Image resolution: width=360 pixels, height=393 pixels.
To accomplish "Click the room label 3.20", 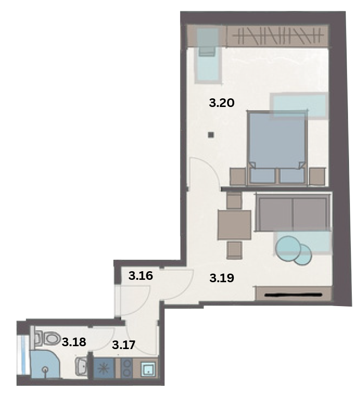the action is coord(222,103).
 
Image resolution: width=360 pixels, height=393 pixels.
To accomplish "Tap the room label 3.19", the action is coord(222,278).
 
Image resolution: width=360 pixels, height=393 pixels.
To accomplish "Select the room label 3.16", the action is coord(141,276).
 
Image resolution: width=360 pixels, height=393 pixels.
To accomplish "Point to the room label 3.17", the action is coord(124,345).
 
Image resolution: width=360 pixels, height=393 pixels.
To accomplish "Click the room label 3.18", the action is coord(74,342).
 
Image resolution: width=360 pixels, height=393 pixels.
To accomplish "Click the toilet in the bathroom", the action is coord(48,339).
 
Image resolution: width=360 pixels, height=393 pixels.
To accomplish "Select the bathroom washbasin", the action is coord(81,366).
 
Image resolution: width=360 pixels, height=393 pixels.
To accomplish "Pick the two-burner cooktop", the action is coord(127,368).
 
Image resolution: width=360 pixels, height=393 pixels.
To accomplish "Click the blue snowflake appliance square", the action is coord(103,369).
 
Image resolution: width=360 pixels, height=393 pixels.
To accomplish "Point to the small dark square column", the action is coord(211,135).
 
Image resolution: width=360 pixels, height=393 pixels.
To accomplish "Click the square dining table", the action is coord(234,225).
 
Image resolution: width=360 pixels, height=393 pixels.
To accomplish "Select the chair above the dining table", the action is coord(234,200).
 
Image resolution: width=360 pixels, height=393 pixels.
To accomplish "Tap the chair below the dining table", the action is coord(234,250).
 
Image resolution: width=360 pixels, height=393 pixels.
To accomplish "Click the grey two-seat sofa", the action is coord(293,212).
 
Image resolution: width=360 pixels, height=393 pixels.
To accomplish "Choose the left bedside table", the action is coord(238,177).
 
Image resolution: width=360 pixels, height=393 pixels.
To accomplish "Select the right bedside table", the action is coord(317,177).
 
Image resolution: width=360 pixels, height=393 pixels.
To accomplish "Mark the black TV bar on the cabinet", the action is coord(293,295).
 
